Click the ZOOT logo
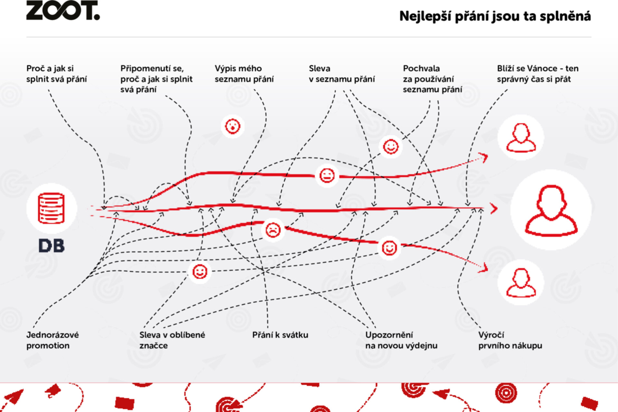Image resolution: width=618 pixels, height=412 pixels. point(63,10)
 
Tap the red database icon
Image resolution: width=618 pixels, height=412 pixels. point(51,208)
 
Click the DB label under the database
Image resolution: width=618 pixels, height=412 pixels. point(51,246)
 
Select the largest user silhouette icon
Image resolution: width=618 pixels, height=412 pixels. point(551,210)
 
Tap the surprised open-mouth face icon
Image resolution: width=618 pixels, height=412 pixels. point(232,126)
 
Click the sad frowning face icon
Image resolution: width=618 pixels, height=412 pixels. point(273,230)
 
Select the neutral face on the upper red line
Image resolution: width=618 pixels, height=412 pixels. point(327,176)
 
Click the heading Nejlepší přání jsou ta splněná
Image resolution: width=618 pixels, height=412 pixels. point(495,16)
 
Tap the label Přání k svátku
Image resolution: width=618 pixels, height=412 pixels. point(280,335)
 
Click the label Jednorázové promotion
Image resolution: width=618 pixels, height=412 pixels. point(52,340)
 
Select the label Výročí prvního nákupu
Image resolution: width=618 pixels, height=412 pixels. point(510,340)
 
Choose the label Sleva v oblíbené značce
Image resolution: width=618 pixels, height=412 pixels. point(172,340)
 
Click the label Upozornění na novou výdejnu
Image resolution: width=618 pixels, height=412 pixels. point(401,340)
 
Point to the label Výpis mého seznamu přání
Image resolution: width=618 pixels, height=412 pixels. point(244,74)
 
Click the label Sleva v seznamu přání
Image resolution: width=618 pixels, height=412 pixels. point(342,74)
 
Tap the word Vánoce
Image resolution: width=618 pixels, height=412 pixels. point(542,68)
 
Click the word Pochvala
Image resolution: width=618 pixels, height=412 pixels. point(421,68)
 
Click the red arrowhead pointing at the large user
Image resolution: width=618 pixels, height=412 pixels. point(494,209)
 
